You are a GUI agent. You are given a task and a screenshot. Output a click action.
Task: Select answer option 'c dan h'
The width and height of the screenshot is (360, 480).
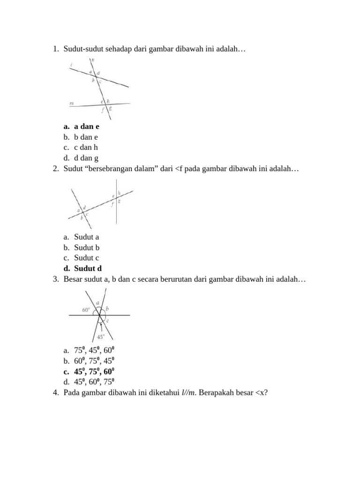86,148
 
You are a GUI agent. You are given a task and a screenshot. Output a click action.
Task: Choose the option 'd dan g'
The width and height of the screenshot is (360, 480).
86,158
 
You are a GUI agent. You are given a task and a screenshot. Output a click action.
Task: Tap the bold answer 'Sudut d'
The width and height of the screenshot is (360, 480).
88,269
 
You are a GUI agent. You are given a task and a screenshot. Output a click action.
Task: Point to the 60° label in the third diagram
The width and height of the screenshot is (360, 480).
86,310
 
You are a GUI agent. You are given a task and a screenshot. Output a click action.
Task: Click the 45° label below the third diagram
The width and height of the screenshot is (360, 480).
101,337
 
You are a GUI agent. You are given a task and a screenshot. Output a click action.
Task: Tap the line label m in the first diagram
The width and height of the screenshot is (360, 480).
71,102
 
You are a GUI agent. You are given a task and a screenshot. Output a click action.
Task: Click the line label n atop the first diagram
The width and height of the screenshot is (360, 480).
93,60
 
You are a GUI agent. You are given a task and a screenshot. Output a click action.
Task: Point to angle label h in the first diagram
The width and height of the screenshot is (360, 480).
108,101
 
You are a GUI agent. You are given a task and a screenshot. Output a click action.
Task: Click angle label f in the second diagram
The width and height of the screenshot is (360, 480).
112,204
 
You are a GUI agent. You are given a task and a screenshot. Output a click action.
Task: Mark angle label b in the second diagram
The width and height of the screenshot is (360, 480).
82,218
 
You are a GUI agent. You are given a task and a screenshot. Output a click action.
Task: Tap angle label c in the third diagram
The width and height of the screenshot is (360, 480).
107,321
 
